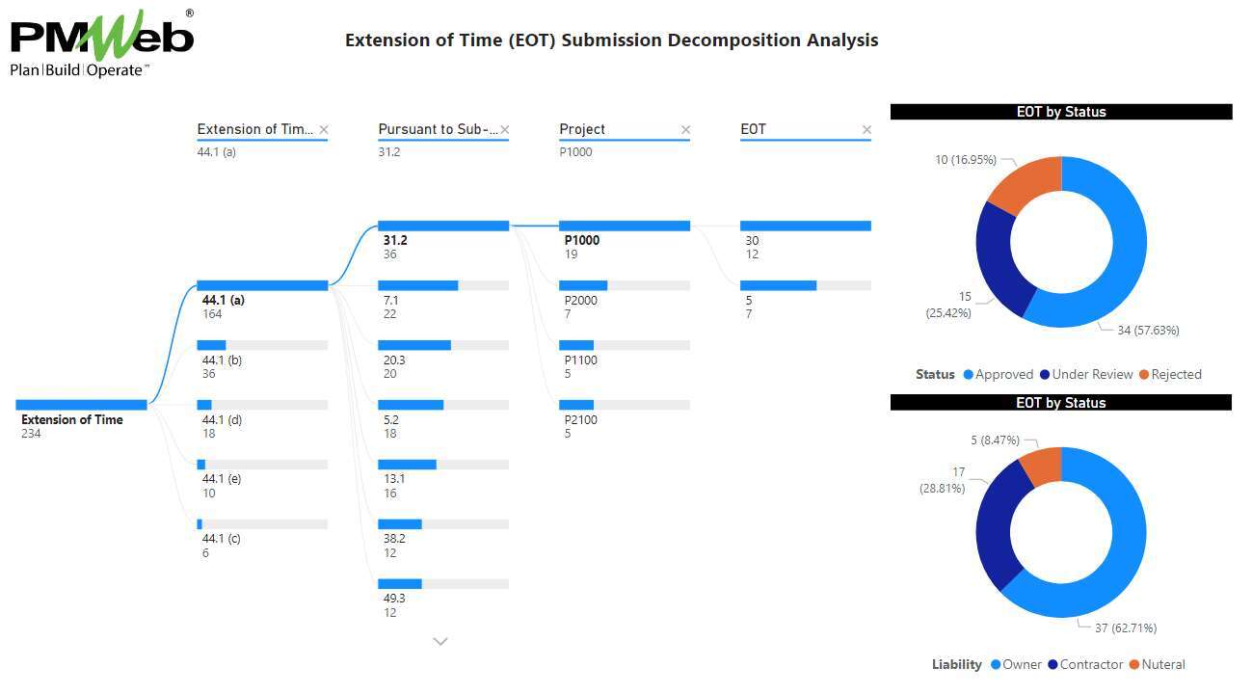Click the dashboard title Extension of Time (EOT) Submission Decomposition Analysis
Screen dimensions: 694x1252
[611, 40]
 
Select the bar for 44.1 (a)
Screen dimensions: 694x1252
[262, 285]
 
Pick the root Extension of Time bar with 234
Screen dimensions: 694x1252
[82, 405]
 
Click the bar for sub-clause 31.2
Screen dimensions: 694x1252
[443, 226]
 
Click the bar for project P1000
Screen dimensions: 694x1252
[625, 226]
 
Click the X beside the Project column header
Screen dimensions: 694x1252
[686, 130]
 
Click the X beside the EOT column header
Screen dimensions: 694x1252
[866, 130]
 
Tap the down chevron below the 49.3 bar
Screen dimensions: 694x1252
[440, 641]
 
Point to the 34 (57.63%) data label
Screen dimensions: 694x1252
[1148, 331]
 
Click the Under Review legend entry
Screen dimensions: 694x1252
[1090, 374]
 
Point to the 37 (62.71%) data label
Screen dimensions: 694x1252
[1126, 628]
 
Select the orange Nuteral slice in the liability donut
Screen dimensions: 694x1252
[1042, 466]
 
